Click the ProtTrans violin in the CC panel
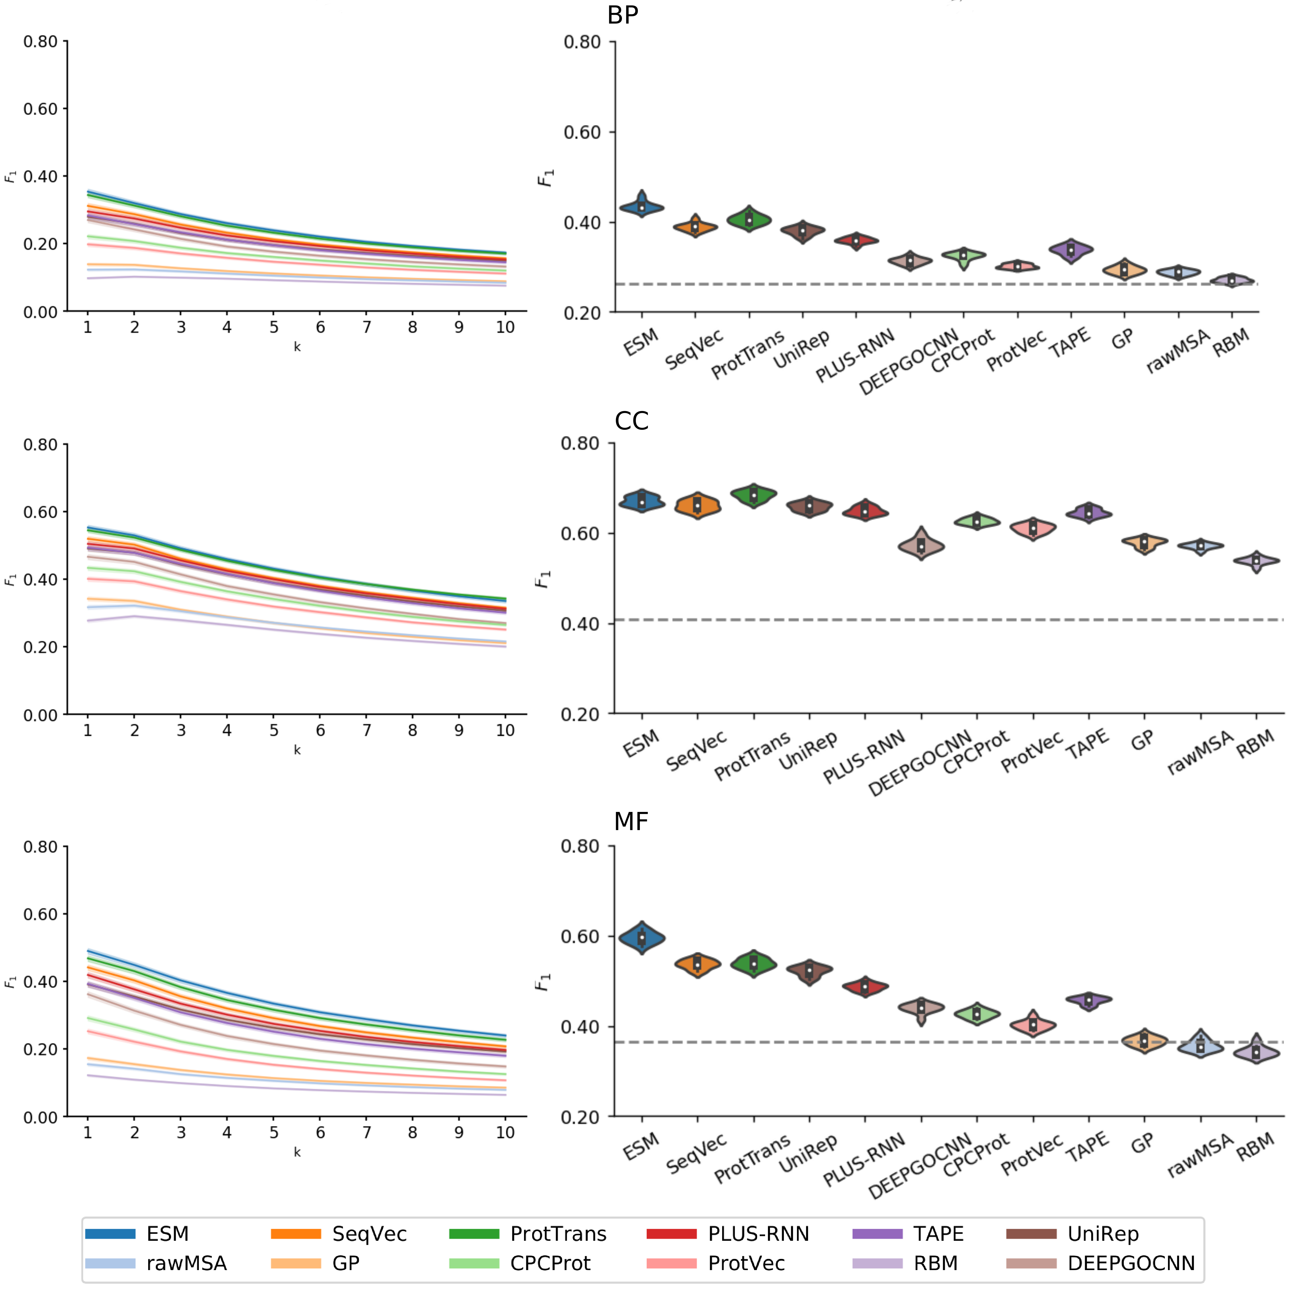pos(753,495)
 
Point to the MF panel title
pos(631,821)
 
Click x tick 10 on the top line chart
pos(505,328)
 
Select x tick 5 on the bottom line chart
pos(274,1133)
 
